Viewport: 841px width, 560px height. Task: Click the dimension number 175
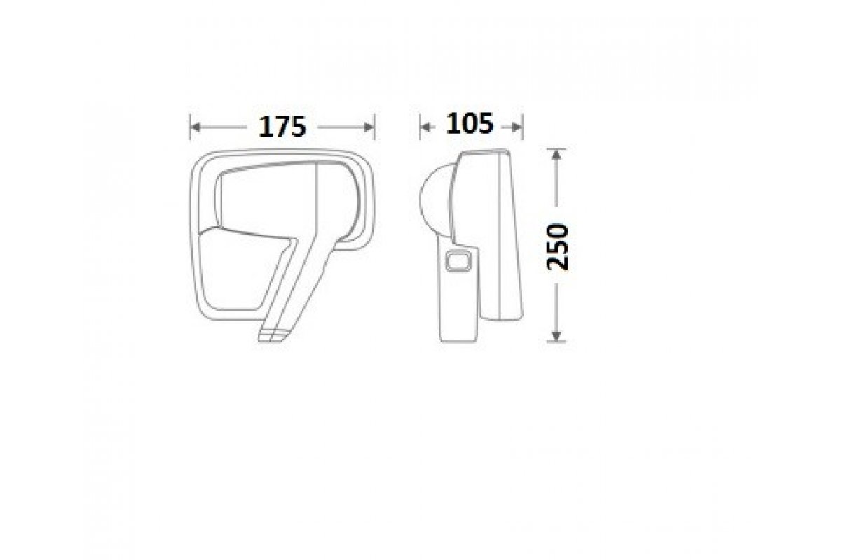click(x=282, y=127)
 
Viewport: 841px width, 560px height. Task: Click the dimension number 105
click(x=470, y=123)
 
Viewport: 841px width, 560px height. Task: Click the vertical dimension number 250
click(x=558, y=246)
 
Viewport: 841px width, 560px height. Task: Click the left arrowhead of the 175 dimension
click(x=196, y=127)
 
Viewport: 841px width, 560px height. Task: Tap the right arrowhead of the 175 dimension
click(x=369, y=127)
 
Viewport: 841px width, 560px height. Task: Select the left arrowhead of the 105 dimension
click(x=425, y=127)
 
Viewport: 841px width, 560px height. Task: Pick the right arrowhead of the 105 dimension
click(x=517, y=127)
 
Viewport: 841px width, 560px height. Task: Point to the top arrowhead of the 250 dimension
click(x=556, y=154)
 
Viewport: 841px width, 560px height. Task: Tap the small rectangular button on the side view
click(x=458, y=260)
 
